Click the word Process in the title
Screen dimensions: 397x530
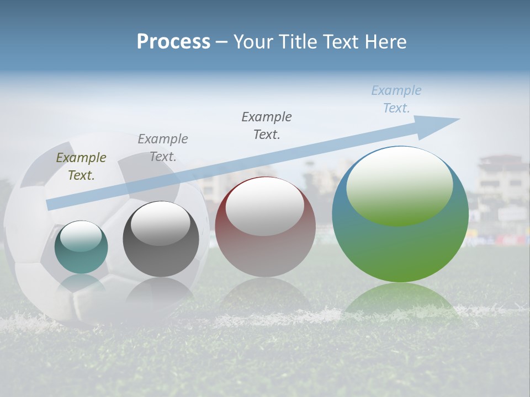[173, 42]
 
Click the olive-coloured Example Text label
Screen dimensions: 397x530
[81, 167]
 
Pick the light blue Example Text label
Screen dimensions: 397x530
[396, 99]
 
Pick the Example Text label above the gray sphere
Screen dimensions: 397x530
[162, 148]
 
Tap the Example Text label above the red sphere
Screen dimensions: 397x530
[267, 125]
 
